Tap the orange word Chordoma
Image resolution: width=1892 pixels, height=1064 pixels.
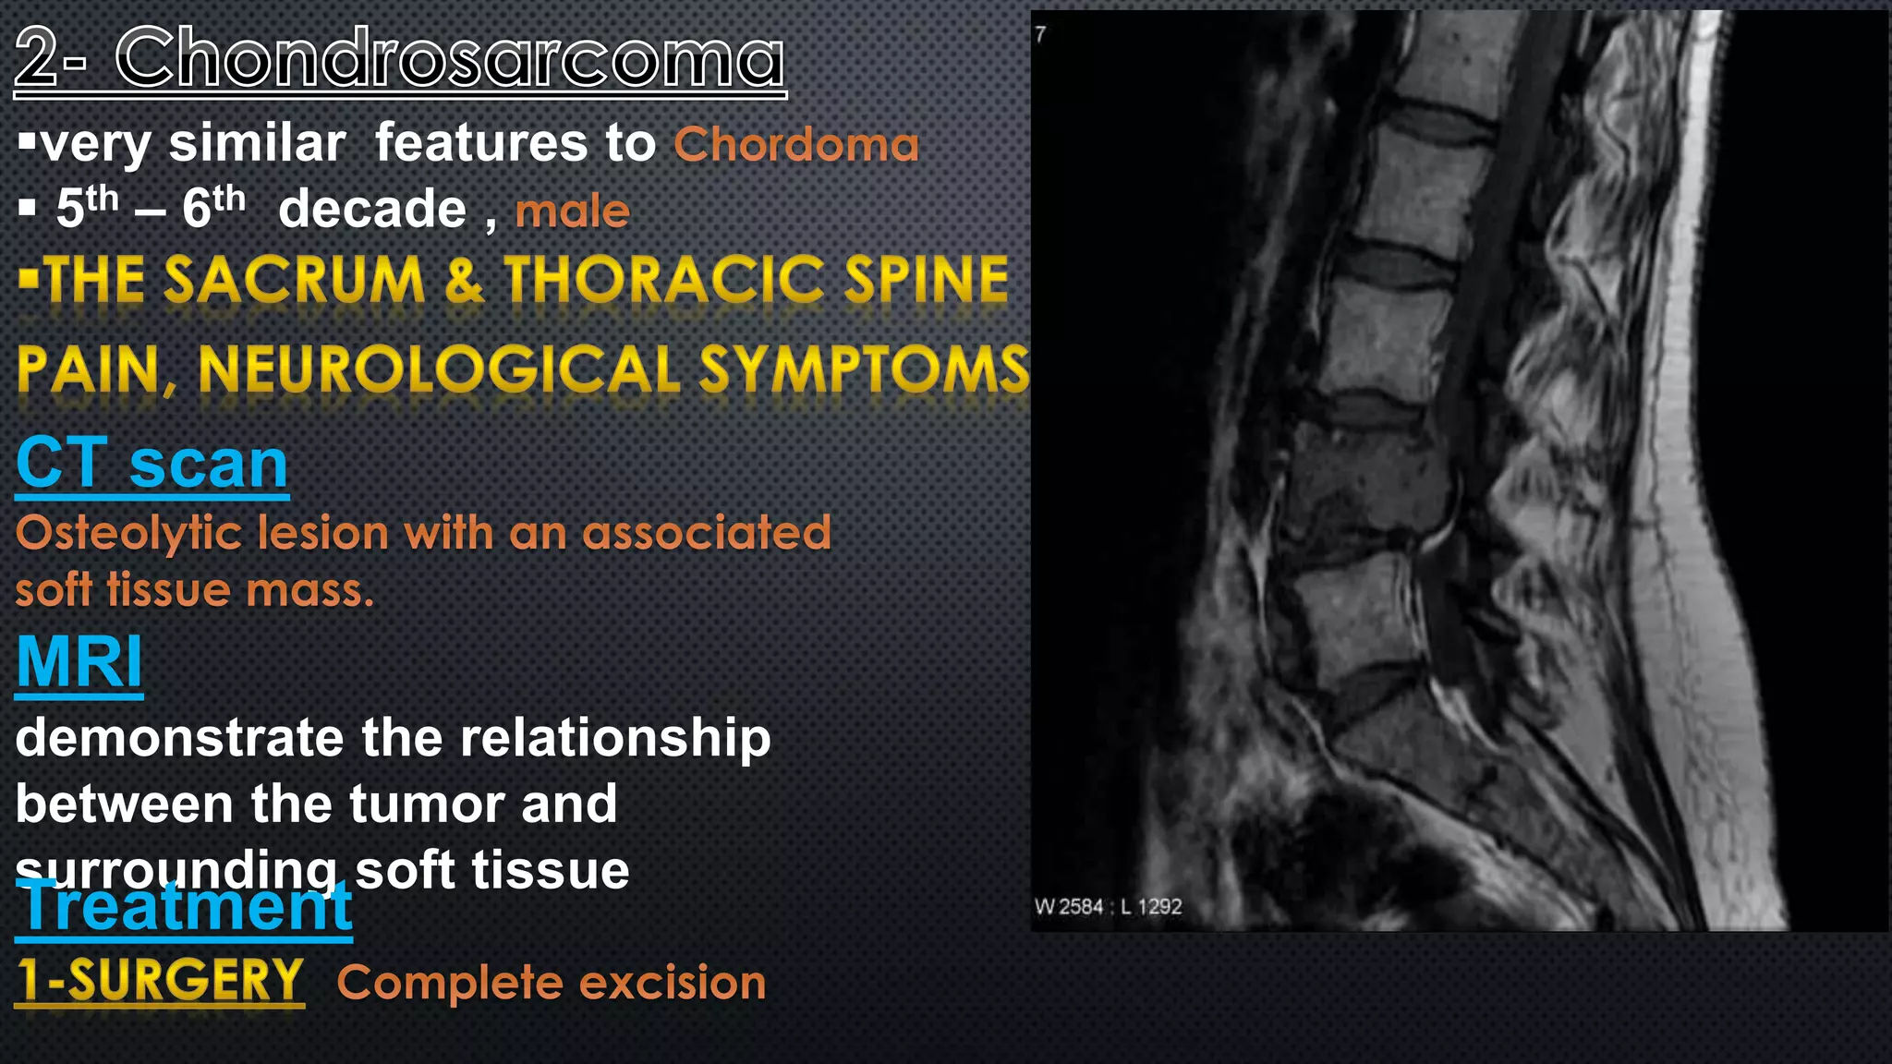pos(795,145)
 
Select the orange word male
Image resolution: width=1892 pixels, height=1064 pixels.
pos(572,211)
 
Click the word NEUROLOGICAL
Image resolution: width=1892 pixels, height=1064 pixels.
pos(439,369)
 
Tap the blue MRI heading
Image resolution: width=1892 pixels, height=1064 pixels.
pos(79,661)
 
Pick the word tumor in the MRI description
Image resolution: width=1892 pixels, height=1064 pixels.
pos(425,804)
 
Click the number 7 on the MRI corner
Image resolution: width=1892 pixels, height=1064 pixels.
pos(1041,34)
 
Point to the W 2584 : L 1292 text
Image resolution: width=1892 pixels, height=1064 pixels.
pos(1108,906)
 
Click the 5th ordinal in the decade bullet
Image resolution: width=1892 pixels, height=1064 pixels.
pos(87,207)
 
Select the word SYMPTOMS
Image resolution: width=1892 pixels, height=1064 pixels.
pos(863,369)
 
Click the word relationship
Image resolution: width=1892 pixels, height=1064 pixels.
pos(614,739)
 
